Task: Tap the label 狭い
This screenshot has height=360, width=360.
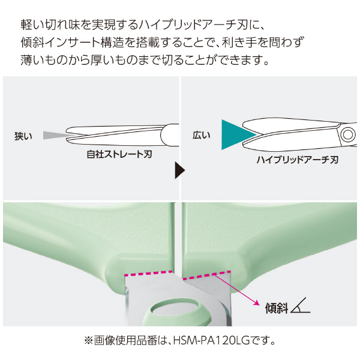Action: pyautogui.click(x=23, y=136)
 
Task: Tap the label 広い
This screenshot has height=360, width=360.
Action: pyautogui.click(x=202, y=135)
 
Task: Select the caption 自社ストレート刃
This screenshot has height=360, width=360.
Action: pyautogui.click(x=119, y=154)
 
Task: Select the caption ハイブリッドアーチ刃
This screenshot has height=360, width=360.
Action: pyautogui.click(x=298, y=160)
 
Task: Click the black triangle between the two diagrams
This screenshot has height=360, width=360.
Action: pyautogui.click(x=180, y=170)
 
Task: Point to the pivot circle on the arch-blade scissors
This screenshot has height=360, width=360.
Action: pyautogui.click(x=347, y=134)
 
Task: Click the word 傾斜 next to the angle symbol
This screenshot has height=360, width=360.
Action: pyautogui.click(x=277, y=308)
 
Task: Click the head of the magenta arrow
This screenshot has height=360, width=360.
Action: pyautogui.click(x=256, y=302)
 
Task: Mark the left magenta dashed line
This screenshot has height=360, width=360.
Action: pyautogui.click(x=148, y=273)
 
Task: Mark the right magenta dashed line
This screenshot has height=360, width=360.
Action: pyautogui.click(x=206, y=275)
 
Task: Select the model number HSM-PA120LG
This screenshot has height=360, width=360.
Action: pyautogui.click(x=211, y=341)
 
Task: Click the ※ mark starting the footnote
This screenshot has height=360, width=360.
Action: pyautogui.click(x=89, y=341)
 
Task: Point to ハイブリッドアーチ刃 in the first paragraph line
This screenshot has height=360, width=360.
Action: pyautogui.click(x=193, y=25)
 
